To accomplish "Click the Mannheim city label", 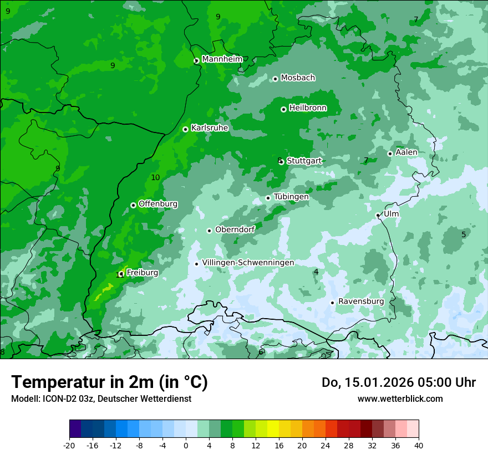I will [222, 59].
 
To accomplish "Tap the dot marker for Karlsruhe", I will [185, 129].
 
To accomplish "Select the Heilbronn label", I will [308, 108].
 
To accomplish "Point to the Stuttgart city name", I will [304, 161].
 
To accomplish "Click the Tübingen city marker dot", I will [268, 198].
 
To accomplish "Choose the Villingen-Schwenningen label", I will [248, 263].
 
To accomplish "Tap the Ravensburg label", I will [361, 301].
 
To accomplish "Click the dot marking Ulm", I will [378, 215].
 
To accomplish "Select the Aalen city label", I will [406, 152].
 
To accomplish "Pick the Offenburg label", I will [158, 204].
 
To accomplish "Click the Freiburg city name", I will [142, 273].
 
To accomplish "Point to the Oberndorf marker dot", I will [209, 231].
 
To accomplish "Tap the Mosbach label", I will [298, 78].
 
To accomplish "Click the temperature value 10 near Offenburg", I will [155, 177].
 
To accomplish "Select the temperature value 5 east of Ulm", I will [464, 234].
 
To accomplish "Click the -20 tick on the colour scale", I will [69, 446].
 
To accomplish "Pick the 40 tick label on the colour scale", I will [418, 446].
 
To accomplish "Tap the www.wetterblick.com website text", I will [400, 398].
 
